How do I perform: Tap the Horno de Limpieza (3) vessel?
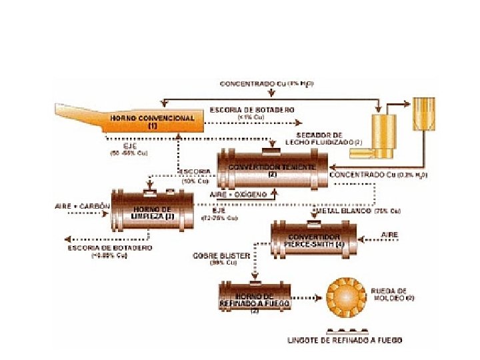152,211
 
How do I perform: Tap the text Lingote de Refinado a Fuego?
345,340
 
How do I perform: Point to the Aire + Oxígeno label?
239,194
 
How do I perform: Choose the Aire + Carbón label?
81,206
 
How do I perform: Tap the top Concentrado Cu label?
267,84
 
